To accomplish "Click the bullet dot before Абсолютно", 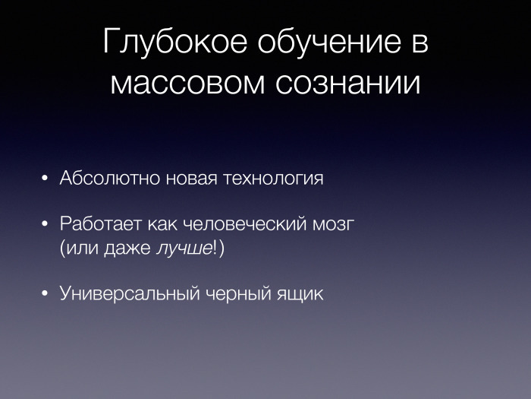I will pos(46,180).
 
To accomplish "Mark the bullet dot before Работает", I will pos(46,226).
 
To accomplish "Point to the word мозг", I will pos(335,226).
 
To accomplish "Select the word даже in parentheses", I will pos(132,249).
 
